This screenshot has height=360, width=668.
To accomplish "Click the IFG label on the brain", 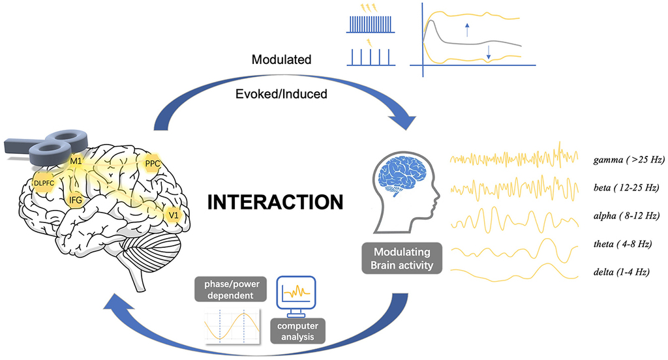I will click(76, 200).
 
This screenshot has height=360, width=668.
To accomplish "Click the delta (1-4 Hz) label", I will click(625, 271).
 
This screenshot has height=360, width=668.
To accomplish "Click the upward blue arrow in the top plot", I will click(466, 29).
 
